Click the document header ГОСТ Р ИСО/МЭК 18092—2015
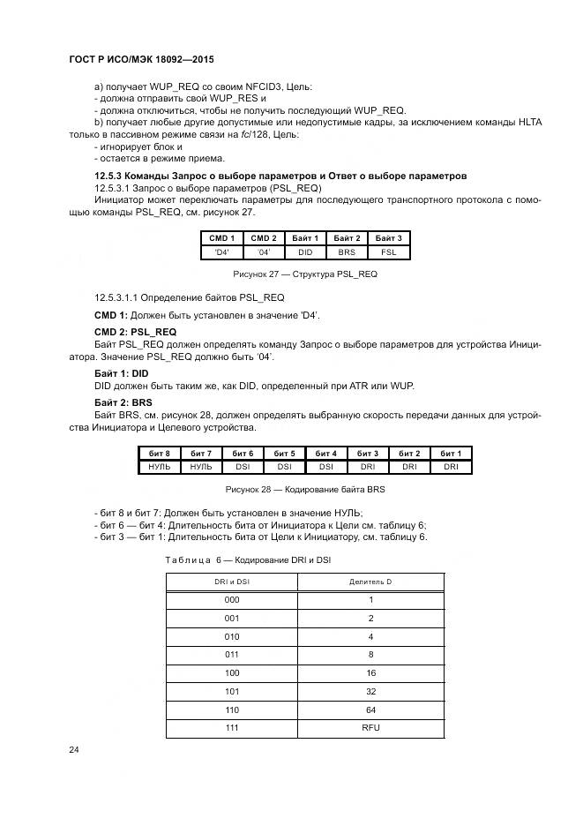click(141, 59)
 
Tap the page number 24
click(74, 749)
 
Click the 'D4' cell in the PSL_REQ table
click(221, 252)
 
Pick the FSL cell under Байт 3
click(388, 252)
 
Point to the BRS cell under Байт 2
click(347, 252)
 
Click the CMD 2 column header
click(263, 238)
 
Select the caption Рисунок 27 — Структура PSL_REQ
click(304, 274)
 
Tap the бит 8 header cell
click(159, 453)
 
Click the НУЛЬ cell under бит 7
click(200, 467)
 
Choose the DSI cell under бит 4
click(325, 467)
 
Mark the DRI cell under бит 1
click(451, 467)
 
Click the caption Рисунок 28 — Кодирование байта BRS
click(304, 489)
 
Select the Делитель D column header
click(370, 582)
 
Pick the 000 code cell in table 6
click(232, 599)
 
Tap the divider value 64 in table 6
click(370, 709)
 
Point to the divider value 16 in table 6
click(370, 672)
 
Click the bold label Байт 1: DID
click(122, 373)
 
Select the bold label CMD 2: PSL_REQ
click(135, 332)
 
